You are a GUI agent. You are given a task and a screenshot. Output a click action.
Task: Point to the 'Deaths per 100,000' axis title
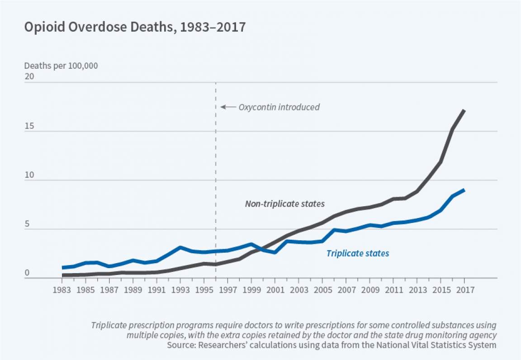tap(61, 66)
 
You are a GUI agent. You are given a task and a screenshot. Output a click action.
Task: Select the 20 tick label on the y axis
tap(29, 77)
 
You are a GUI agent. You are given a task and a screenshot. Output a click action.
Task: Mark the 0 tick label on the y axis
tap(27, 273)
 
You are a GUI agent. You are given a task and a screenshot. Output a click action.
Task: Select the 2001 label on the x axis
tap(275, 289)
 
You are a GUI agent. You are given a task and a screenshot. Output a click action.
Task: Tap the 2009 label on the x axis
tap(369, 289)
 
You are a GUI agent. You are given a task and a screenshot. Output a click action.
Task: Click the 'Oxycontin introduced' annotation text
tap(279, 107)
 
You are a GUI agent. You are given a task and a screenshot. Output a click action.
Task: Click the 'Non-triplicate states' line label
tap(285, 204)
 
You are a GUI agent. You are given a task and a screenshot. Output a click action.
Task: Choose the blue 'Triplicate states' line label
tap(358, 253)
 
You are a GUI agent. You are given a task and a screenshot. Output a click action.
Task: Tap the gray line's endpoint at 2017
tap(464, 110)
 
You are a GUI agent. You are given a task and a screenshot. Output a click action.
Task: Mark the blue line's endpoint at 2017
tap(464, 190)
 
